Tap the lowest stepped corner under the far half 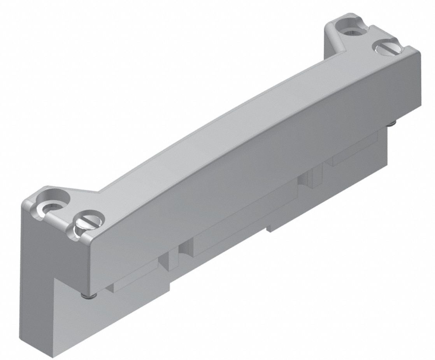(268, 229)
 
